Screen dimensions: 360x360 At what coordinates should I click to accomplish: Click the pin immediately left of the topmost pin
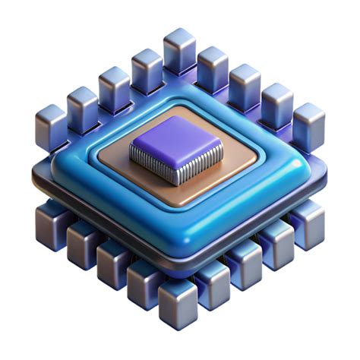[147, 68]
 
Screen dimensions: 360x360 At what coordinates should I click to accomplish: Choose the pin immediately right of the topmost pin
[213, 65]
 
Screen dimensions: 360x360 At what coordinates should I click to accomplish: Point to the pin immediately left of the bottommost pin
[145, 283]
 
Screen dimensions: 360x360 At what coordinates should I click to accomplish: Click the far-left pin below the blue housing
[51, 220]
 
